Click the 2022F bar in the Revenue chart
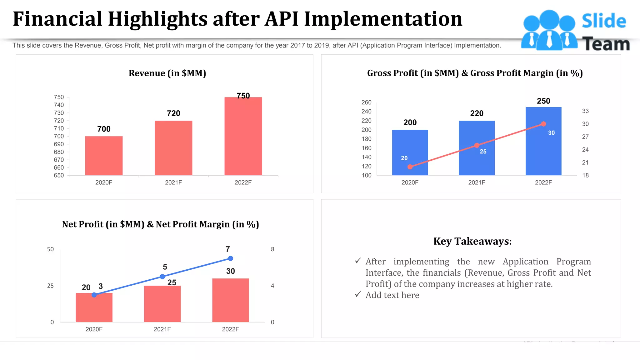(243, 136)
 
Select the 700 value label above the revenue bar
(104, 129)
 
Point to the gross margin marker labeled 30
(543, 124)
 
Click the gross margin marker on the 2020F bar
(410, 167)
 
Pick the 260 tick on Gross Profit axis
(366, 102)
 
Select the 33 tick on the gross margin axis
(585, 111)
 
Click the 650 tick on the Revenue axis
(59, 175)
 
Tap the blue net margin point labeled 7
(231, 258)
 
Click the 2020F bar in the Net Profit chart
(94, 308)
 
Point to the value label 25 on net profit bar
(172, 282)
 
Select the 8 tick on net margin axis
(272, 249)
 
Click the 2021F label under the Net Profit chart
(162, 329)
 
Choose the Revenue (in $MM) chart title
(167, 73)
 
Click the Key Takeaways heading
(472, 241)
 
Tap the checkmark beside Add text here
(358, 294)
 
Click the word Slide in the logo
(604, 21)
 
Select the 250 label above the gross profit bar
(543, 101)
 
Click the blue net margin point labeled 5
(162, 277)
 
